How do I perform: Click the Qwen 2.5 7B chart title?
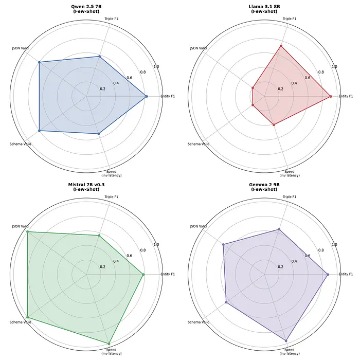(86, 9)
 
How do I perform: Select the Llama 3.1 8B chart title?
(264, 9)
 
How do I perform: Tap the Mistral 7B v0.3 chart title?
(86, 187)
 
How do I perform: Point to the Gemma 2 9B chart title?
(264, 187)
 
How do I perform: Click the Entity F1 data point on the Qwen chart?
(147, 96)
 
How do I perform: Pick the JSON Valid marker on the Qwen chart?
(39, 62)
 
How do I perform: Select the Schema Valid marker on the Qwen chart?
(39, 131)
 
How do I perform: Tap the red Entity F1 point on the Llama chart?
(331, 96)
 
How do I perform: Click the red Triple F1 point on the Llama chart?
(281, 46)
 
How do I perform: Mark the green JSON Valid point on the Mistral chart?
(27, 232)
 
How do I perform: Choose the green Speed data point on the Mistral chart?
(109, 343)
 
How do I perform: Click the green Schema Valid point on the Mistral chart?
(27, 317)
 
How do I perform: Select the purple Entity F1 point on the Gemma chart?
(328, 274)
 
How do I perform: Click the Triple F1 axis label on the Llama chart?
(290, 19)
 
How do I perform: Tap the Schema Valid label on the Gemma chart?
(198, 322)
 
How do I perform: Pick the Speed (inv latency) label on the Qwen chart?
(112, 173)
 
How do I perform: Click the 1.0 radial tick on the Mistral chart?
(156, 245)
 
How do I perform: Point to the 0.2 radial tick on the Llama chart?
(280, 89)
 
